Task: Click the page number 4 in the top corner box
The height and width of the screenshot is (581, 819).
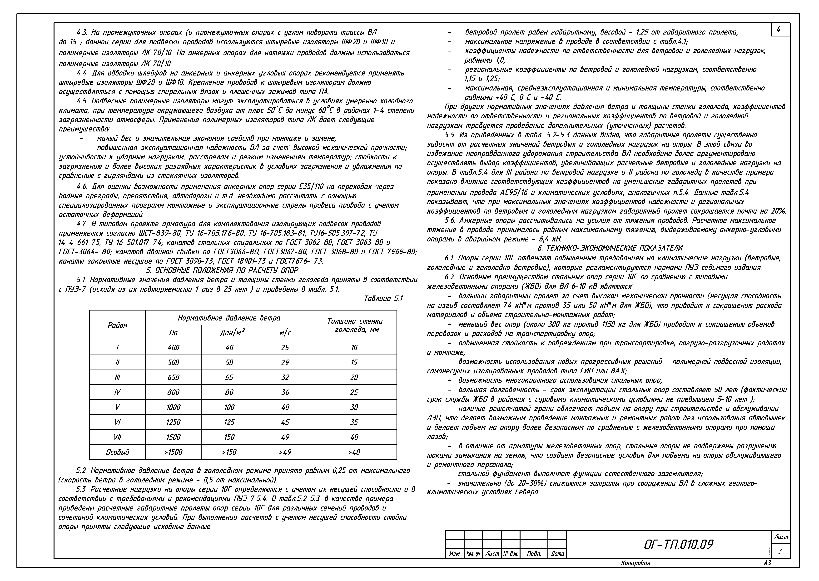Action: click(x=778, y=30)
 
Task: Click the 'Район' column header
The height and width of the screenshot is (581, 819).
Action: click(x=117, y=325)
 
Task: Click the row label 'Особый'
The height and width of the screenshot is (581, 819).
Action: click(x=117, y=452)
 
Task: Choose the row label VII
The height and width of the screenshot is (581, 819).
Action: click(x=117, y=437)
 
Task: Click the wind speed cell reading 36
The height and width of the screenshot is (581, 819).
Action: click(x=285, y=392)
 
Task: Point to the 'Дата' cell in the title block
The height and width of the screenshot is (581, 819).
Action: click(x=557, y=554)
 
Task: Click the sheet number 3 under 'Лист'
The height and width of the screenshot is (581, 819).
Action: click(x=780, y=552)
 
